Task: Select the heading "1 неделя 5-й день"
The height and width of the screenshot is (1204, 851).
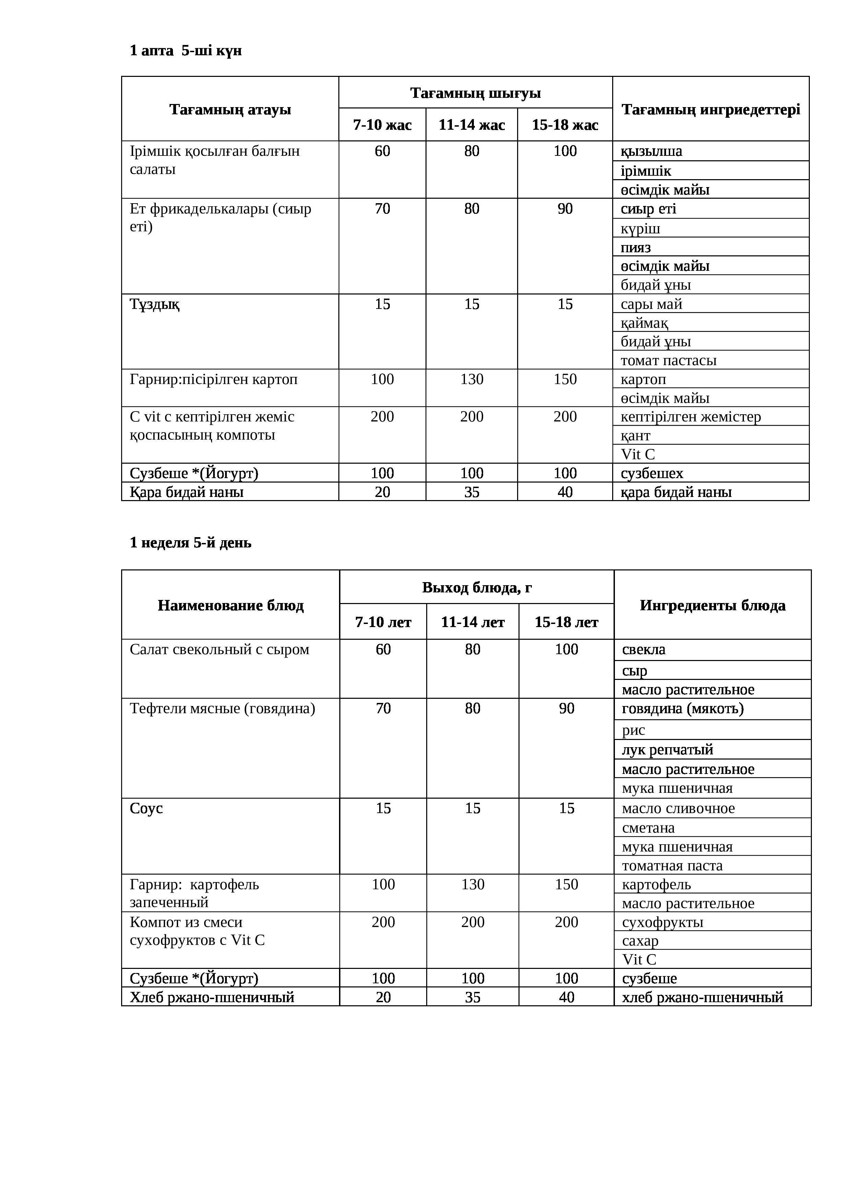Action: tap(190, 542)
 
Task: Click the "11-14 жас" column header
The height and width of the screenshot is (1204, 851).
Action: tap(471, 125)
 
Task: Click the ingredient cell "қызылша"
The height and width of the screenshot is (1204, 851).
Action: tap(651, 152)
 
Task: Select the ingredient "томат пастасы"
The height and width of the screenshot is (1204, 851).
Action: tap(668, 360)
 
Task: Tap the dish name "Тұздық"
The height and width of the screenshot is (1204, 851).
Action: tap(155, 304)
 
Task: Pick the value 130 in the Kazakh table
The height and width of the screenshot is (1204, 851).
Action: tap(471, 379)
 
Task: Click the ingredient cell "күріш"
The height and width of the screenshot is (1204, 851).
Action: tap(640, 229)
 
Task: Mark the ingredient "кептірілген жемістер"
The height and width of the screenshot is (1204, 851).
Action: tap(690, 417)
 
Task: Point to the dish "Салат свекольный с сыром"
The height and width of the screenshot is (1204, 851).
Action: tap(219, 649)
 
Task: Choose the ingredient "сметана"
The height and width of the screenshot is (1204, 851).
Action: tap(648, 827)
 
